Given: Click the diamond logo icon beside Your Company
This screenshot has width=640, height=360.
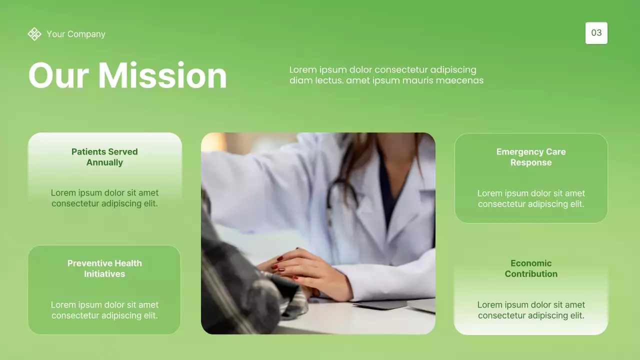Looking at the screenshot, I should tap(34, 34).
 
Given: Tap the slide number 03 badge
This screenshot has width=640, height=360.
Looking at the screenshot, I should tap(596, 33).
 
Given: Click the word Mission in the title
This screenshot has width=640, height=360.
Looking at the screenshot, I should tap(162, 76).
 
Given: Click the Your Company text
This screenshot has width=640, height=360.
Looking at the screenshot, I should tap(76, 34).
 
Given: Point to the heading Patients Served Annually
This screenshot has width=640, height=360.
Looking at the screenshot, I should tap(104, 157).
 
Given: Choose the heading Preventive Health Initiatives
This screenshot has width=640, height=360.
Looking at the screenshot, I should tap(104, 268).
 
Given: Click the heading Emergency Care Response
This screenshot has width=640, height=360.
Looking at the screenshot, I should tap(531, 157).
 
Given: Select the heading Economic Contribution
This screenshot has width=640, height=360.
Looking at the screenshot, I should tap(531, 268).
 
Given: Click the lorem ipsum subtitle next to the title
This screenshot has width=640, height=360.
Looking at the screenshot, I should tap(386, 75).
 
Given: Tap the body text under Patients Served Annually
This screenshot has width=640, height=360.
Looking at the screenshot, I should tap(104, 198).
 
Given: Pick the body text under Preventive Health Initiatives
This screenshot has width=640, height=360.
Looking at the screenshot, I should tap(104, 310).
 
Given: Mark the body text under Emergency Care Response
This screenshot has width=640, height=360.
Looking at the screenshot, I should tap(531, 198).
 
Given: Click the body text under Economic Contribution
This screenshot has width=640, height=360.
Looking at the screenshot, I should tap(531, 310).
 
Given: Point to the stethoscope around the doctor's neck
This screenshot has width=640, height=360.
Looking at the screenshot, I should tap(340, 200).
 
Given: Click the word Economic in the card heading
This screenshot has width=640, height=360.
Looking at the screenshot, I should tap(531, 263).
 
